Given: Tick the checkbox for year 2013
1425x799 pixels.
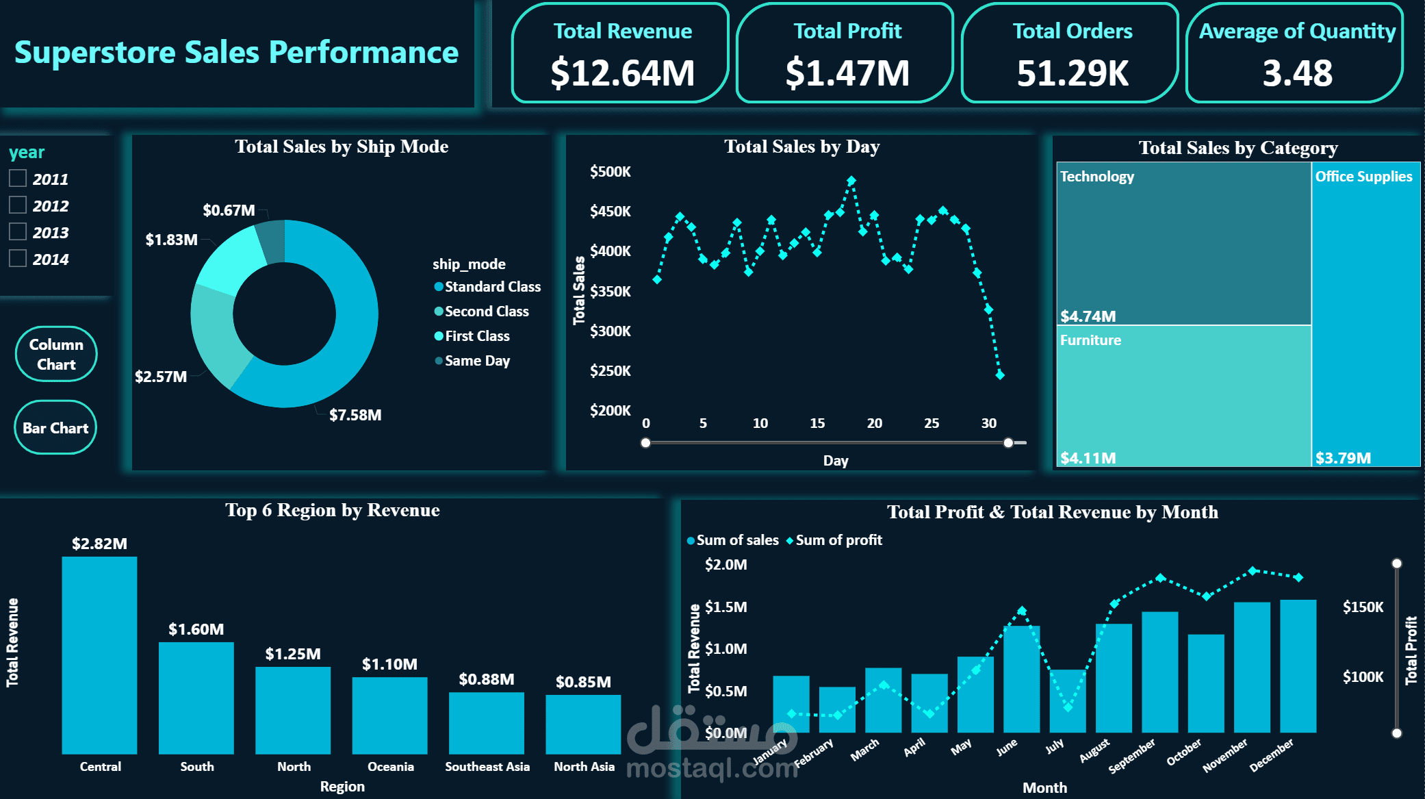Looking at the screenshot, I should tap(18, 231).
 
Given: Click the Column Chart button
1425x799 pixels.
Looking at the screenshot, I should tap(56, 354).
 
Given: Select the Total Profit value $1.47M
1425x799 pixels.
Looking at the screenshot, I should tap(847, 73).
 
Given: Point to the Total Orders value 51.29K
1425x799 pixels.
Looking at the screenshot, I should tap(1073, 73).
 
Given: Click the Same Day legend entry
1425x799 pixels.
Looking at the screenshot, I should tap(477, 361).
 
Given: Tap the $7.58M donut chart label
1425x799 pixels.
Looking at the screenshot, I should tap(355, 415).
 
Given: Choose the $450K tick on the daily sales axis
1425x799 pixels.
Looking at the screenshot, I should tap(610, 211).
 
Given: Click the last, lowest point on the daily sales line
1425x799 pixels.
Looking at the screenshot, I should tap(1000, 375).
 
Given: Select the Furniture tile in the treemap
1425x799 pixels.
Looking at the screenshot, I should tap(1183, 396).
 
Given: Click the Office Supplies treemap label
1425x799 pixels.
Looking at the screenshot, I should tap(1363, 177).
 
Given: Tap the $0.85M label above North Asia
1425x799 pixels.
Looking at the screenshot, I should tap(583, 682).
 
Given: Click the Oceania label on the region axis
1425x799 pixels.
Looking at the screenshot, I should tap(391, 767).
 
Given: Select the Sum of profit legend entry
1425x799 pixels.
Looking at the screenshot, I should tap(838, 540).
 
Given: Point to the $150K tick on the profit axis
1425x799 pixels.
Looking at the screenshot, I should tap(1363, 607).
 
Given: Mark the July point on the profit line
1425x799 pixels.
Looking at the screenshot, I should tap(1068, 707).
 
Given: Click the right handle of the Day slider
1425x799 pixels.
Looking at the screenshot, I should tap(1008, 443).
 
